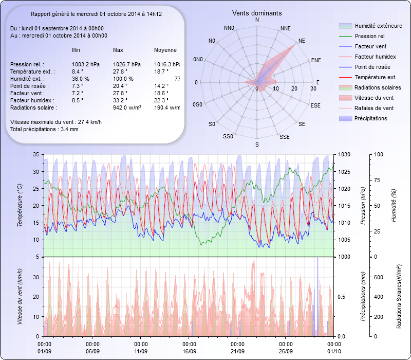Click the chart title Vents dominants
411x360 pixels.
pyautogui.click(x=257, y=13)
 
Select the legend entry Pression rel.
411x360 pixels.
pyautogui.click(x=370, y=36)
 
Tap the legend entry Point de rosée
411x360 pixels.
pyautogui.click(x=372, y=67)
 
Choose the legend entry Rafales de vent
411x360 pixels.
pyautogui.click(x=374, y=108)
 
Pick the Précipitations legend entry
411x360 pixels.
pyautogui.click(x=371, y=118)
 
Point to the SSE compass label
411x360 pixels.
pyautogui.click(x=284, y=137)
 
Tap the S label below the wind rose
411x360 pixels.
pyautogui.click(x=257, y=145)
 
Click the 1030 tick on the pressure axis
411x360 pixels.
pyautogui.click(x=344, y=154)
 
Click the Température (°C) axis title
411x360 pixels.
pyautogui.click(x=20, y=206)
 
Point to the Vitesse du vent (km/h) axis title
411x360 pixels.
pyautogui.click(x=20, y=297)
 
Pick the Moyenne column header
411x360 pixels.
pyautogui.click(x=165, y=50)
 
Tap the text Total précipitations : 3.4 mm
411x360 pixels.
pyautogui.click(x=44, y=129)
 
